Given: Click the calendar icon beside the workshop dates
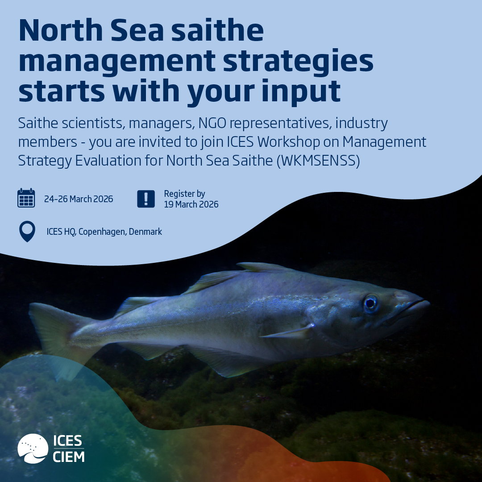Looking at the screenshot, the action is (x=26, y=198).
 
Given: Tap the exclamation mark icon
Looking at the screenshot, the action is (x=146, y=199).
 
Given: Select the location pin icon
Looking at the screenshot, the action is (x=27, y=232).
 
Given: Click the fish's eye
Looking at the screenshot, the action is (x=370, y=303).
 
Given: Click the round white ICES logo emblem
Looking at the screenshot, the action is (x=33, y=449).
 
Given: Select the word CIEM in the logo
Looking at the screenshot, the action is (x=69, y=457).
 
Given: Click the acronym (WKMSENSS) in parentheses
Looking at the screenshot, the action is (x=318, y=161).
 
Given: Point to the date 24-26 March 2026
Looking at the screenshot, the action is (x=79, y=199).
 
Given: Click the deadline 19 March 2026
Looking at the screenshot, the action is (x=191, y=204).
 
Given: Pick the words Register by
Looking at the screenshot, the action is (x=184, y=194).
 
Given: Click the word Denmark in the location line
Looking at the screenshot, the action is (x=145, y=232).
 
